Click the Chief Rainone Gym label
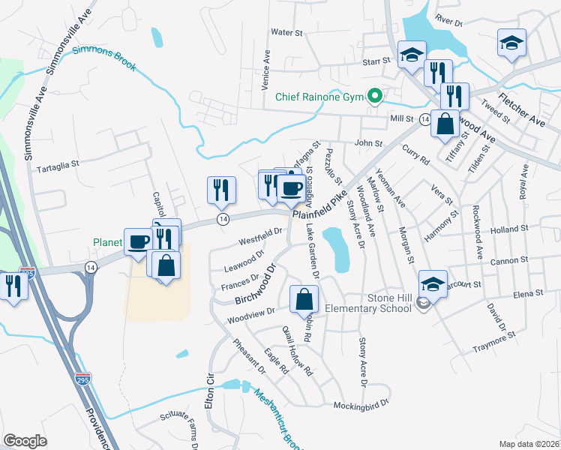point(319,97)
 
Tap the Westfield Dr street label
point(259,239)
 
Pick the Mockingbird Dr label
point(361,404)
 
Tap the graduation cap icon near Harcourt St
point(433,283)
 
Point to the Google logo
point(25,441)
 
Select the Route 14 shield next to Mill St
point(424,119)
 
